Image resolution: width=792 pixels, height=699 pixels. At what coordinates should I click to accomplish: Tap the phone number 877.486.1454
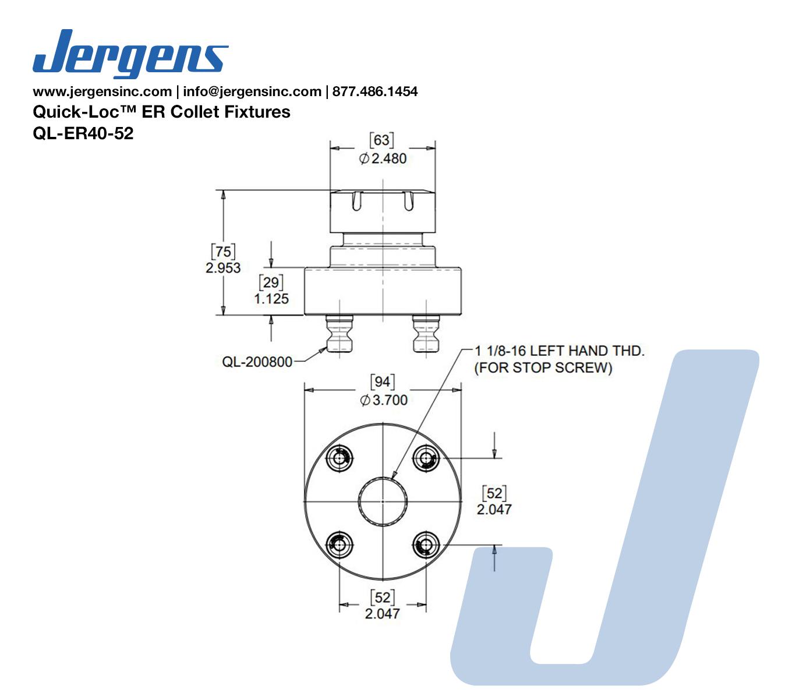point(374,91)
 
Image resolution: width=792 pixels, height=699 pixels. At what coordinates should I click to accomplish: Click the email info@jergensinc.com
point(252,91)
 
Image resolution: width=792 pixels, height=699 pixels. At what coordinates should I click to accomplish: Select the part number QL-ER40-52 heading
point(83,133)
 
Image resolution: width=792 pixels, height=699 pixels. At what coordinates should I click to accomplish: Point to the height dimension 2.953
point(223,267)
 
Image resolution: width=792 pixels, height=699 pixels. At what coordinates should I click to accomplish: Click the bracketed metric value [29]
point(271,283)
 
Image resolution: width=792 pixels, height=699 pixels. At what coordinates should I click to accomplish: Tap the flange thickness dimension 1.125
point(271,299)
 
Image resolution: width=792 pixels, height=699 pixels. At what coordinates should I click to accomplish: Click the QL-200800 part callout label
point(257,362)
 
